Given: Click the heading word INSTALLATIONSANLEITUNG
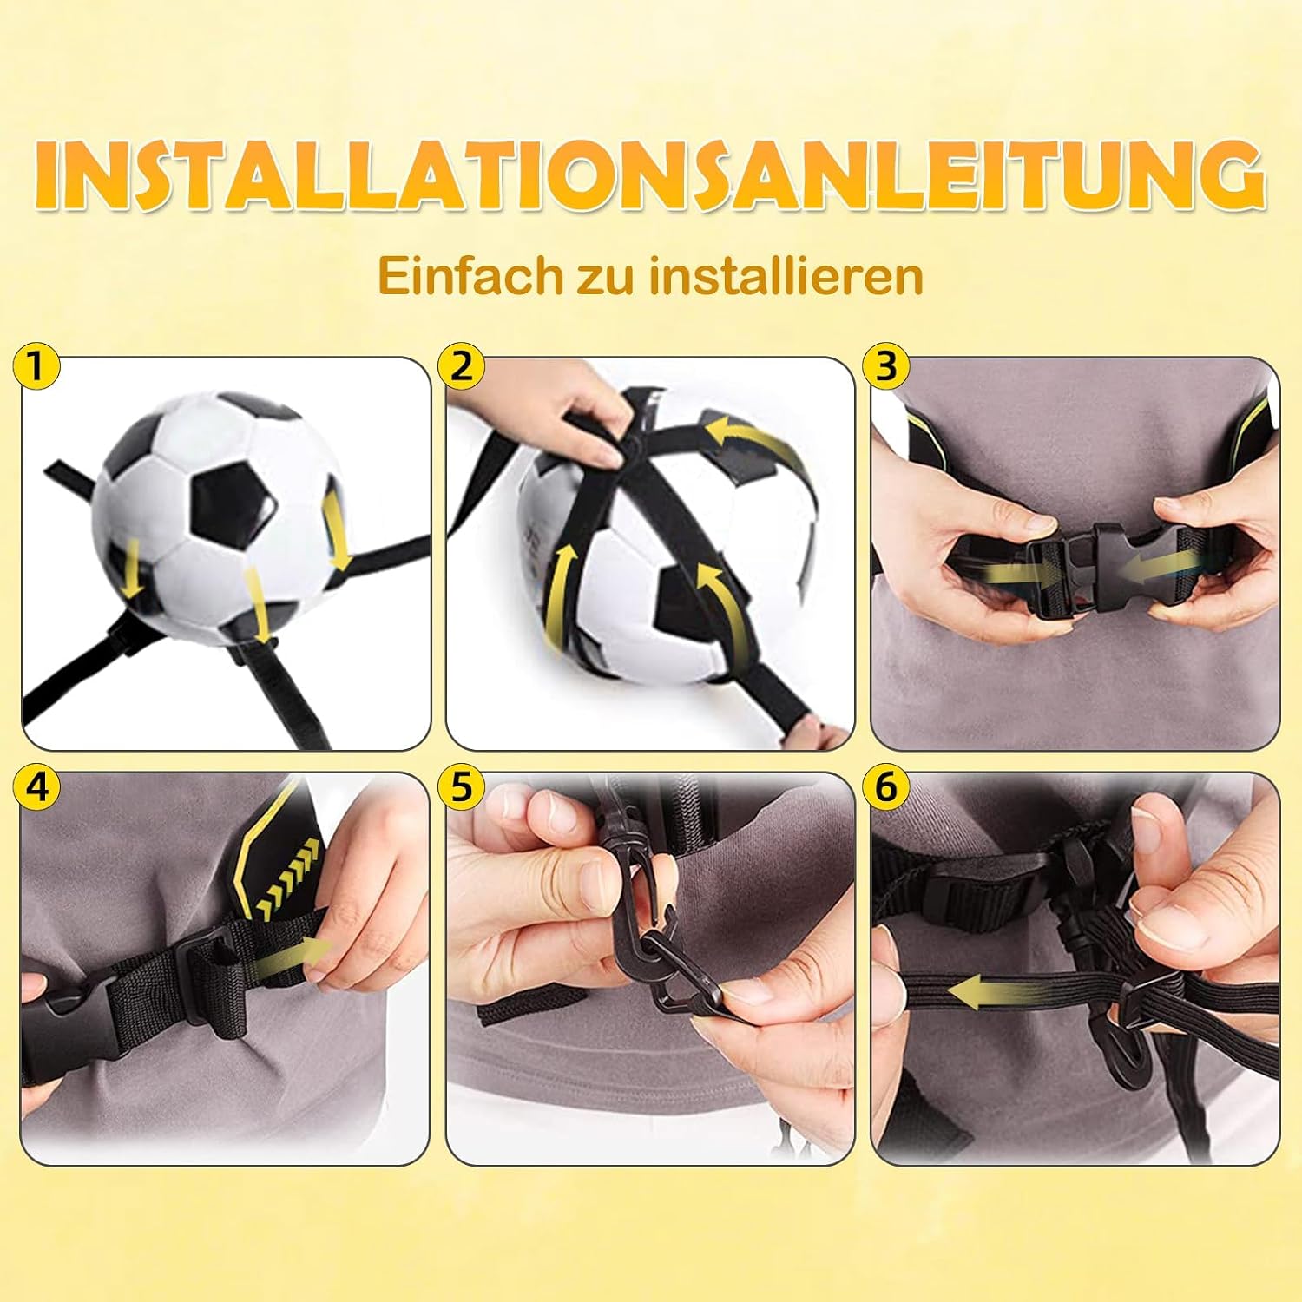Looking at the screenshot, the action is [x=651, y=177].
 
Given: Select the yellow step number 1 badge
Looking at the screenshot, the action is [x=35, y=367].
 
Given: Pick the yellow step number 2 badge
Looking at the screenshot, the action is [x=461, y=367].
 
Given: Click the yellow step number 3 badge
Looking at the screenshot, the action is [x=885, y=367].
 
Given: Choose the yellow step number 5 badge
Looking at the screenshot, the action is [x=461, y=787].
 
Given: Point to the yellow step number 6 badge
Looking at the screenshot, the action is [x=885, y=787].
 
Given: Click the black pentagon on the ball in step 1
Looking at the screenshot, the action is [x=232, y=502].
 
